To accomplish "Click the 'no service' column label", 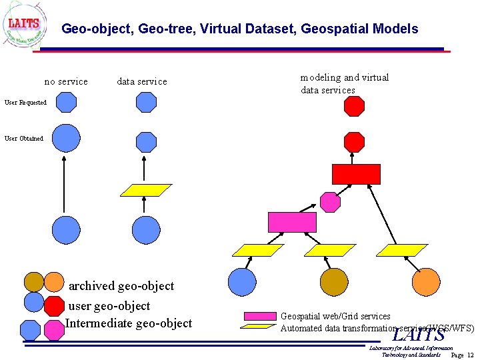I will pyautogui.click(x=66, y=82).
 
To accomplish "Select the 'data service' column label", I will pyautogui.click(x=142, y=82).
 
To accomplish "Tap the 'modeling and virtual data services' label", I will pyautogui.click(x=344, y=83).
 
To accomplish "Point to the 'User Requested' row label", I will pyautogui.click(x=25, y=103).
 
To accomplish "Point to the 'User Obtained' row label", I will pyautogui.click(x=24, y=139).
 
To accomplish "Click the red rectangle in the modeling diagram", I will pyautogui.click(x=356, y=174).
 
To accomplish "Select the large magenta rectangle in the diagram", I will pyautogui.click(x=292, y=221).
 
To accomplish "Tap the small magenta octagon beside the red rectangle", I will pyautogui.click(x=330, y=201).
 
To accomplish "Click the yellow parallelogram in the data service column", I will pyautogui.click(x=145, y=190).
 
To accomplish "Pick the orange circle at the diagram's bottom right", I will pyautogui.click(x=426, y=282).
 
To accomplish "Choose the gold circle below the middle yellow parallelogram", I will pyautogui.click(x=334, y=282).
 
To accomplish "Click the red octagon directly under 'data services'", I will pyautogui.click(x=354, y=106).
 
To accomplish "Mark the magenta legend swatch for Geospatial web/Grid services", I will pyautogui.click(x=260, y=316).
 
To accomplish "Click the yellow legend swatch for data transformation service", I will pyautogui.click(x=259, y=327).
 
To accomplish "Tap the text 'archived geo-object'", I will pyautogui.click(x=121, y=286).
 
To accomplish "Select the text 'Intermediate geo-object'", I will pyautogui.click(x=129, y=323).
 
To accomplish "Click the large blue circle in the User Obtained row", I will pyautogui.click(x=66, y=139).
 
